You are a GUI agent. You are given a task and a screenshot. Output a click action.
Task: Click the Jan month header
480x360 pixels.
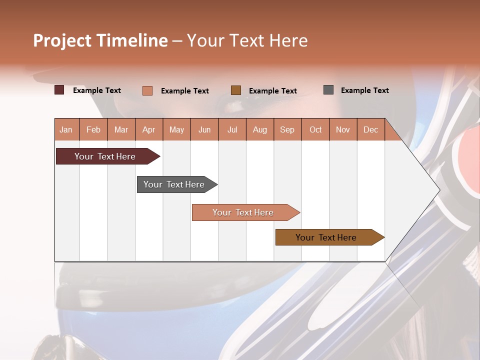click(66, 130)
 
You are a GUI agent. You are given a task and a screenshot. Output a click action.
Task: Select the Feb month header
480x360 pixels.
click(93, 130)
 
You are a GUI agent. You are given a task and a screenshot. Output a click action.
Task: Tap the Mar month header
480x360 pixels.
click(121, 130)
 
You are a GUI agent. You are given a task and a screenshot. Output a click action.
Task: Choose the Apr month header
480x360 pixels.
click(149, 130)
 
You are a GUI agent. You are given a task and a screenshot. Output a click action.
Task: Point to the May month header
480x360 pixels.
click(176, 130)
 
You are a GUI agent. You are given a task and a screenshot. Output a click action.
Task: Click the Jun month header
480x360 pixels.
click(204, 130)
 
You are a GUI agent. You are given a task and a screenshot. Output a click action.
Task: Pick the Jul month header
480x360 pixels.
click(232, 130)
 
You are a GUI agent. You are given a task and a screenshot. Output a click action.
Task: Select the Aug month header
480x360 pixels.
click(260, 130)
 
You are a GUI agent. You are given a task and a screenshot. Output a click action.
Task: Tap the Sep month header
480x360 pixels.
click(287, 130)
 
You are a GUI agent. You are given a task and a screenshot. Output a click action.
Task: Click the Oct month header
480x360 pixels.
click(315, 130)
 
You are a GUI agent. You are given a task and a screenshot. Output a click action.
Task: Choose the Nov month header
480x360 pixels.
click(343, 130)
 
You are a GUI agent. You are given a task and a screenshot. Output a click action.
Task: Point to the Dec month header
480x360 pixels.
click(371, 130)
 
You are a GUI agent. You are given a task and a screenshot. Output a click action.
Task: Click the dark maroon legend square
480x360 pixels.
click(59, 90)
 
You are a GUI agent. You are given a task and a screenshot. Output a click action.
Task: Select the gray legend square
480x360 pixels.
click(328, 90)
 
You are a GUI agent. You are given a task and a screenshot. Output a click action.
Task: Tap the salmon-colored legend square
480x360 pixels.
click(147, 90)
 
